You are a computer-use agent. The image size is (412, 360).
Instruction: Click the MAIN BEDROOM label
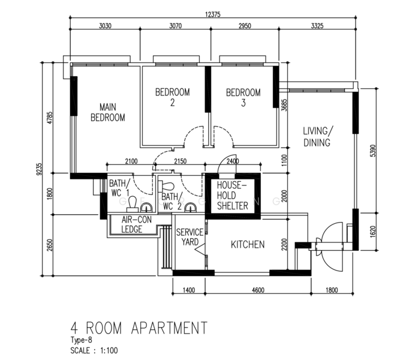[108, 112]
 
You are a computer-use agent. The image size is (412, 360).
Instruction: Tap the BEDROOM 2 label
[172, 97]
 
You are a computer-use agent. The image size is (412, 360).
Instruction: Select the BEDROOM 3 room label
[243, 98]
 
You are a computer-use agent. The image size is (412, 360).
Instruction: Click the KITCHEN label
[248, 245]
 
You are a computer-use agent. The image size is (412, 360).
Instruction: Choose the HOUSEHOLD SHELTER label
[232, 196]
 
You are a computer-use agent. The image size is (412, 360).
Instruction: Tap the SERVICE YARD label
[190, 237]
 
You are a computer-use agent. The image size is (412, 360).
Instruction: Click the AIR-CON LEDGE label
[136, 224]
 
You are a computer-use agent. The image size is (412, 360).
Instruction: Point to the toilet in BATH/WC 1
[133, 204]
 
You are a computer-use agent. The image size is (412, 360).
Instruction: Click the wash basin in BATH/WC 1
[146, 208]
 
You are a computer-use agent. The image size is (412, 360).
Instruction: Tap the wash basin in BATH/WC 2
[190, 208]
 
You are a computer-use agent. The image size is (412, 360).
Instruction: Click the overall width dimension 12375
[212, 14]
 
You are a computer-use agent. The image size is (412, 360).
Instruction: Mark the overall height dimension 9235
[39, 169]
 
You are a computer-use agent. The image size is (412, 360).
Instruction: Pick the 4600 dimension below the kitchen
[258, 290]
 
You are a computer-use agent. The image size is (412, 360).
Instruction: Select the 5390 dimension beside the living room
[373, 151]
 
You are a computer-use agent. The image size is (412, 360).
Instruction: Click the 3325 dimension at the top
[317, 26]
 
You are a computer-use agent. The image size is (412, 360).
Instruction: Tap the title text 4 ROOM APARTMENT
[139, 328]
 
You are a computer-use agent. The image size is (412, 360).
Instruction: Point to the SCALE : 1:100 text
[94, 350]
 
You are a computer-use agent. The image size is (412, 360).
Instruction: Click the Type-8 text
[81, 340]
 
